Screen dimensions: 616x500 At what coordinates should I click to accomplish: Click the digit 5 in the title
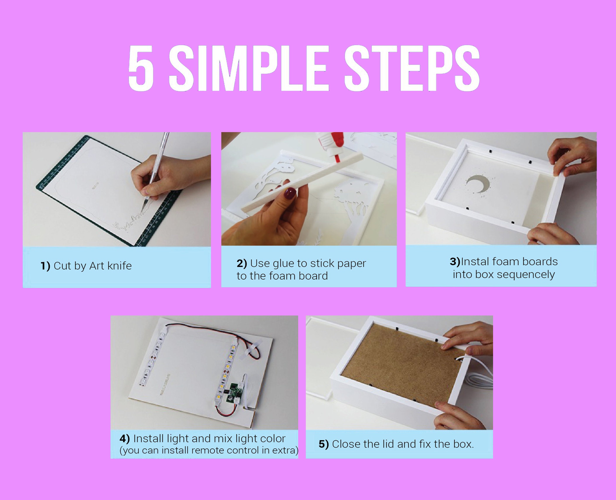[x=141, y=68]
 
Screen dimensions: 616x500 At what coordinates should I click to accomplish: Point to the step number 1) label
[x=45, y=266]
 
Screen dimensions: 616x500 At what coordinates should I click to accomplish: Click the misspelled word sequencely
[x=526, y=274]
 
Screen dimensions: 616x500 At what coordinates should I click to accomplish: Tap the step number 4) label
[x=125, y=439]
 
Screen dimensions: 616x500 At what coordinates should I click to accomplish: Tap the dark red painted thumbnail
[x=291, y=193]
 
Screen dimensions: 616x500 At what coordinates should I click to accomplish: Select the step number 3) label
[x=455, y=262]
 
